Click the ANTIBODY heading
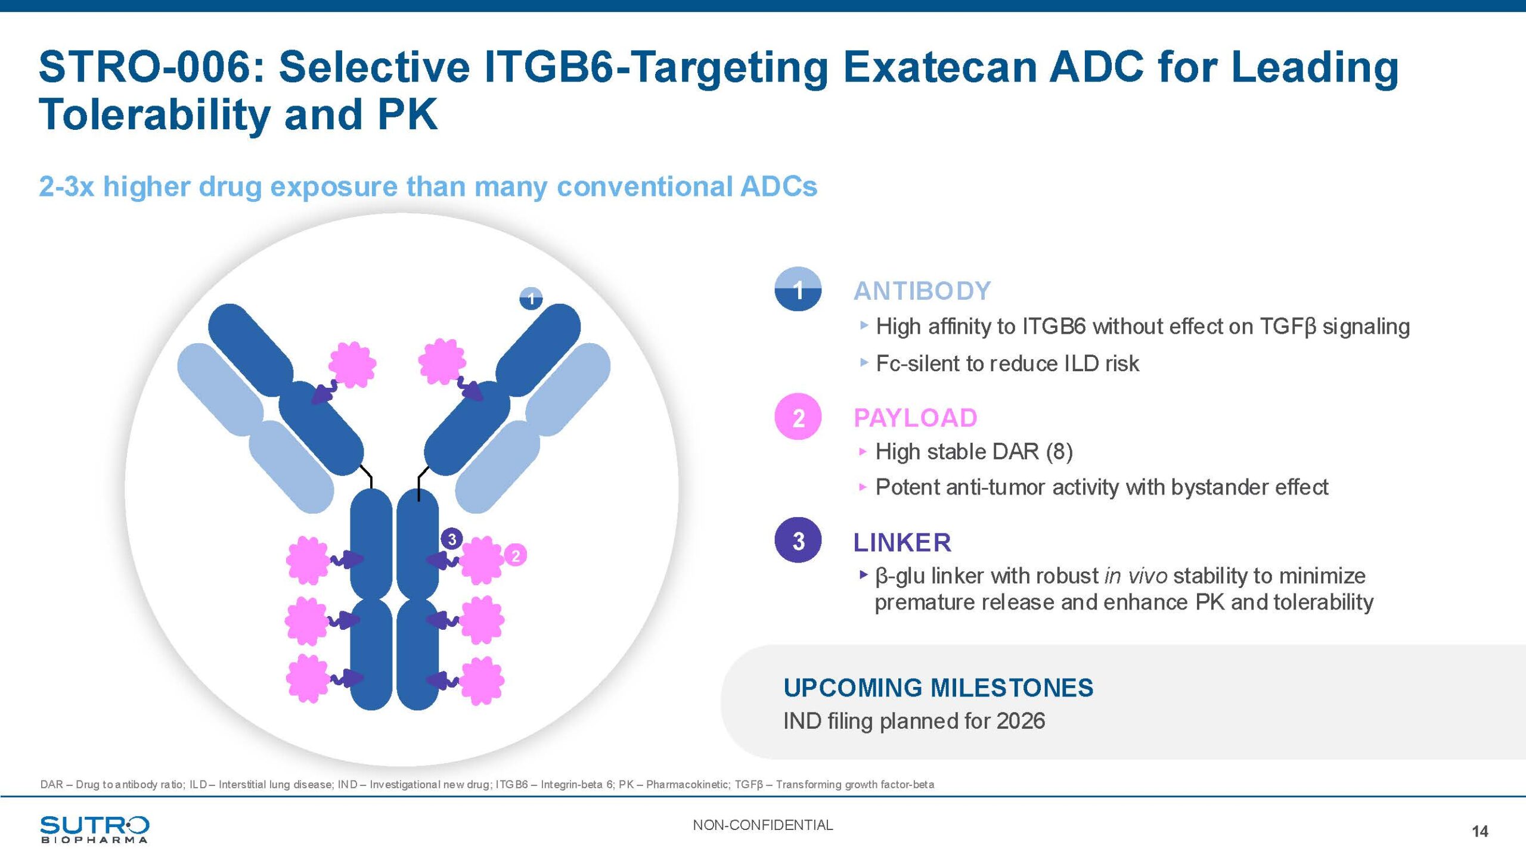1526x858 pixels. [922, 291]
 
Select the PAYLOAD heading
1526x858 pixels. [916, 418]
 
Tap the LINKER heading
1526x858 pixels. [902, 542]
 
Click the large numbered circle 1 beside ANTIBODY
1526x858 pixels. [798, 290]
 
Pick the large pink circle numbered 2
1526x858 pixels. [798, 416]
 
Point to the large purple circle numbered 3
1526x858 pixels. [798, 540]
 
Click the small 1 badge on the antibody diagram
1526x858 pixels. [531, 298]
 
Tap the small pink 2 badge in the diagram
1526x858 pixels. [516, 555]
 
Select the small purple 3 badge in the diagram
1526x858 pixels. [452, 539]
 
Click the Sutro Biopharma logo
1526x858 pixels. [95, 829]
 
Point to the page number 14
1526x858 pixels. [1480, 831]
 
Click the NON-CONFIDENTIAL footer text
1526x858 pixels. [763, 825]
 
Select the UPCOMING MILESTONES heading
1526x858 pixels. [938, 688]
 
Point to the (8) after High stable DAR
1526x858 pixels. [1059, 452]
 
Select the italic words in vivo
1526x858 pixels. [1136, 576]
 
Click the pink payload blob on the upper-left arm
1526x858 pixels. [352, 364]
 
